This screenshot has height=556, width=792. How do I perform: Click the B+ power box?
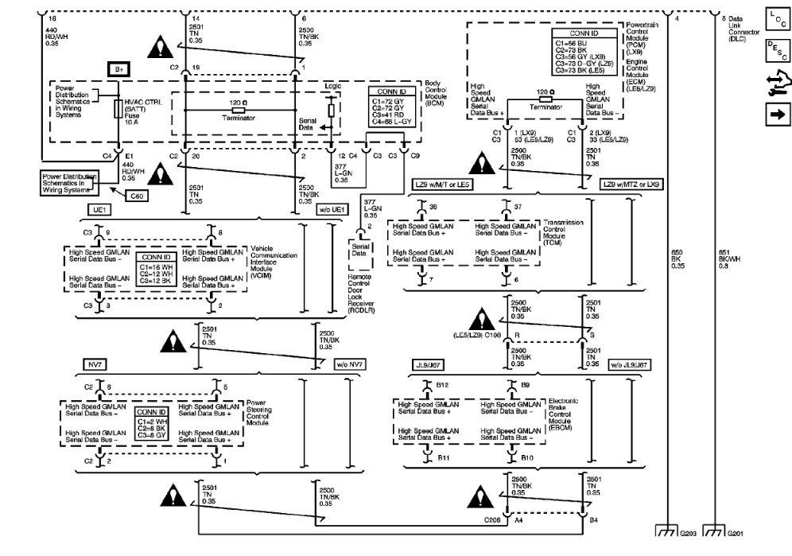[119, 70]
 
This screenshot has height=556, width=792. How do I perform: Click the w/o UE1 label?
[332, 208]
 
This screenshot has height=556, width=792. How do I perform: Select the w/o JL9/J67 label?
[627, 364]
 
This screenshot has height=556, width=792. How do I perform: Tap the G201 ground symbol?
[715, 532]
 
